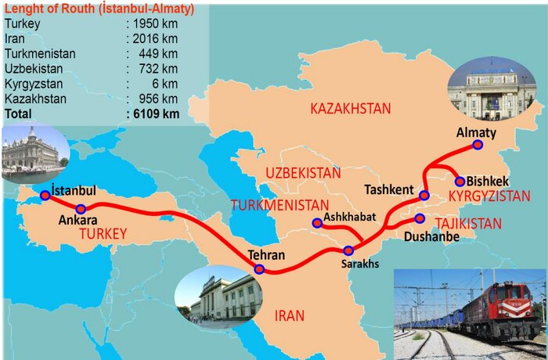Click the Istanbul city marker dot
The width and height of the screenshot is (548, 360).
[x=45, y=195]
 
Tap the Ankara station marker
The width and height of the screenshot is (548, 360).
[x=81, y=209]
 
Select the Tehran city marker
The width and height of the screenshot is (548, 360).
[x=260, y=269]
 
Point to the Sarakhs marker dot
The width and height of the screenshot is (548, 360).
[x=349, y=250]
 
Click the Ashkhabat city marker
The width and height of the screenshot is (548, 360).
[x=317, y=223]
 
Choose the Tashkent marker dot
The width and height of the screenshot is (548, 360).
[x=424, y=194]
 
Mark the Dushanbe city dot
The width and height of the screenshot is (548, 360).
[x=420, y=218]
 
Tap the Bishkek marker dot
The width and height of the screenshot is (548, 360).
[x=460, y=182]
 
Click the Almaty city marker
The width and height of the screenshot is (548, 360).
[x=478, y=144]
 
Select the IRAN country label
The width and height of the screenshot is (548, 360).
[x=289, y=316]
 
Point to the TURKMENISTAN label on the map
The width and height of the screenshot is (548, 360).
[x=279, y=205]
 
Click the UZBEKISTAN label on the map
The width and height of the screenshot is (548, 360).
[x=303, y=172]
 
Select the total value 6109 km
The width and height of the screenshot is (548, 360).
[x=156, y=113]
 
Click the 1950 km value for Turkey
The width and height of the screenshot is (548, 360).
[x=156, y=24]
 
